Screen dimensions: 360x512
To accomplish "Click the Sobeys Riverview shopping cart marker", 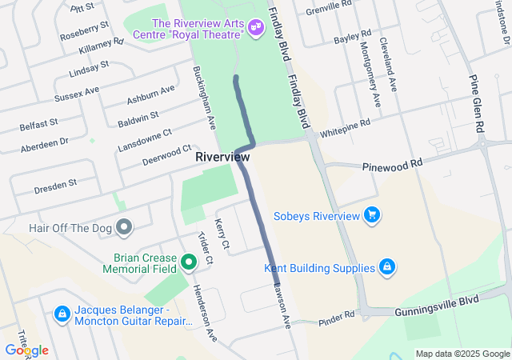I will coord(371,215).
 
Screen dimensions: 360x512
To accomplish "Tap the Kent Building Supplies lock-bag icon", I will coord(386,266).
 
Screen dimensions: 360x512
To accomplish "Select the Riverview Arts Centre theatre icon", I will coord(255,28).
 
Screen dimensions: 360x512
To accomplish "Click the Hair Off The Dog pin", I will coord(123,228).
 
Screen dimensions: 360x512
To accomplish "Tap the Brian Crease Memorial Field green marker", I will coord(189,262).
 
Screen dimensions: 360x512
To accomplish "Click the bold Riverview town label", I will coord(222,157).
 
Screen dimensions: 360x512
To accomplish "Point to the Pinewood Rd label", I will coord(391,164).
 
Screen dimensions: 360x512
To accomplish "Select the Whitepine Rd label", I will coord(345,129).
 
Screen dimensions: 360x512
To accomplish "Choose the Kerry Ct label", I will coord(222,232).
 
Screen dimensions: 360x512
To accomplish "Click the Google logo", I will coord(26,350).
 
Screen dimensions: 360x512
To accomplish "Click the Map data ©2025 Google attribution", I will coord(462,354).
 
